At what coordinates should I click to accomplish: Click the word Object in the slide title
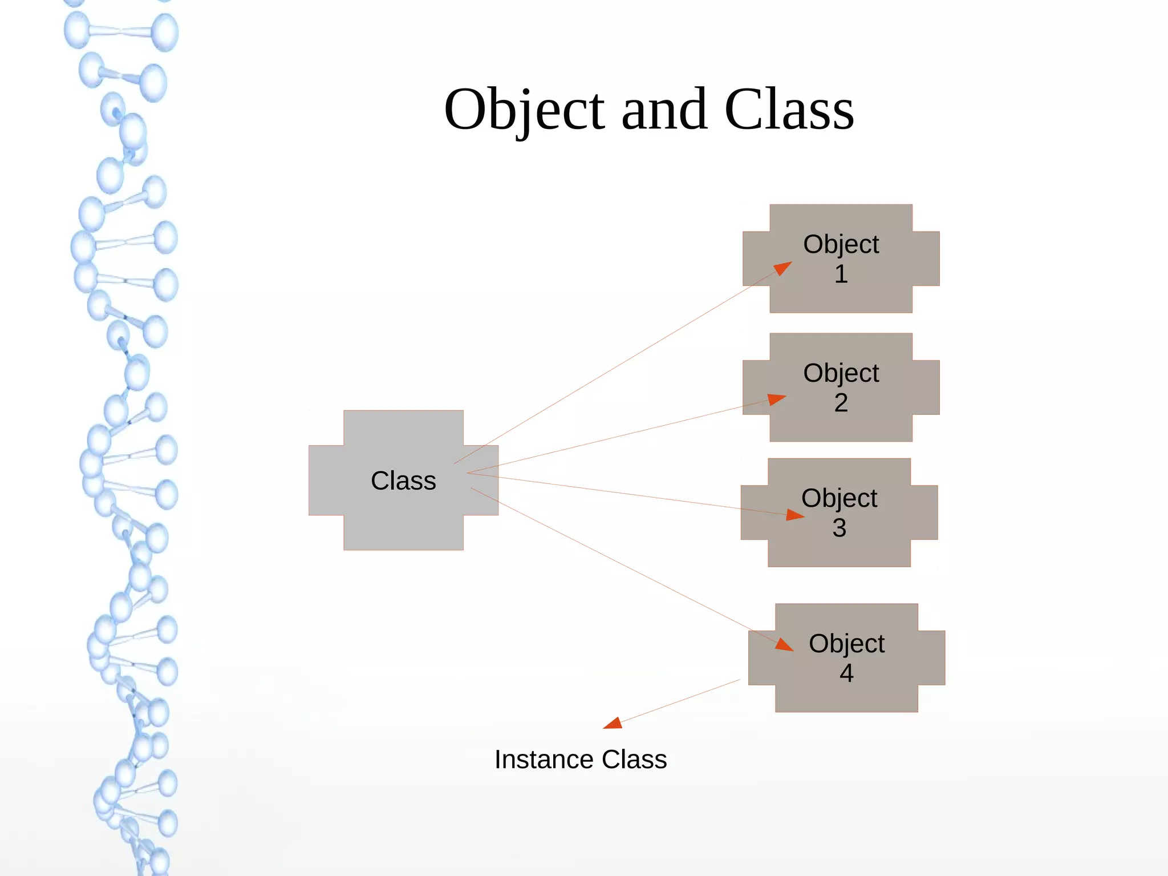[x=524, y=110]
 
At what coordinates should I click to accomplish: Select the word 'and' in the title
[x=664, y=110]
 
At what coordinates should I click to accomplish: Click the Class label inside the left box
[x=403, y=481]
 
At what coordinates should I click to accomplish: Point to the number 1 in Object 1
[x=841, y=274]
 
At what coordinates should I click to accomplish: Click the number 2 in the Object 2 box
[x=841, y=403]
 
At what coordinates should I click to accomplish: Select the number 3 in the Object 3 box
[x=839, y=528]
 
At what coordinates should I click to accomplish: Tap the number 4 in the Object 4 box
[x=846, y=673]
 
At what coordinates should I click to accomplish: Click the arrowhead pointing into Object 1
[x=784, y=268]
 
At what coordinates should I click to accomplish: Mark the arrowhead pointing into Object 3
[x=795, y=515]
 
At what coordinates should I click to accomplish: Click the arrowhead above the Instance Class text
[x=613, y=724]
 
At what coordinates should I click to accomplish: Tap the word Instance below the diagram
[x=544, y=760]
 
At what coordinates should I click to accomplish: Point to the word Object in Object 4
[x=846, y=644]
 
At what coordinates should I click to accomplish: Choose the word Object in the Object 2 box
[x=841, y=373]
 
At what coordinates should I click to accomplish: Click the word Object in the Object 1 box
[x=841, y=244]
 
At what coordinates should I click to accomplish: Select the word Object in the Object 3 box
[x=839, y=498]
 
